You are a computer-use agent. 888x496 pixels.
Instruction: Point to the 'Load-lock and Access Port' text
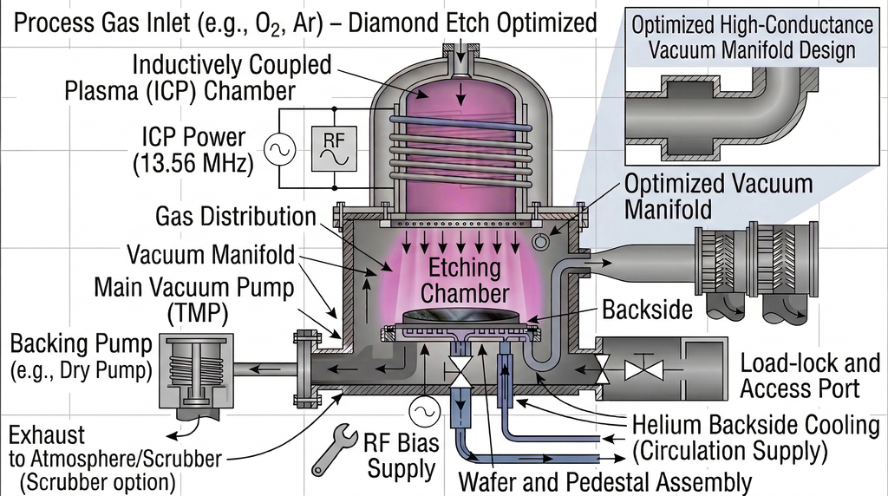coord(799,376)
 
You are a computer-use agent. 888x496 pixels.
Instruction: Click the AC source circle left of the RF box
coord(282,149)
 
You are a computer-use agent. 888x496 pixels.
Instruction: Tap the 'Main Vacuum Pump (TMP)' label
coord(193,299)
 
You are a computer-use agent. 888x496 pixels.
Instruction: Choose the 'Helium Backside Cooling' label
coord(755,426)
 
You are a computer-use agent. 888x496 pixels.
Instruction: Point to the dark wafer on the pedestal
coord(457,317)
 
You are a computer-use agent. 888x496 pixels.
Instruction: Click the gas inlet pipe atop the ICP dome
coord(460,60)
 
